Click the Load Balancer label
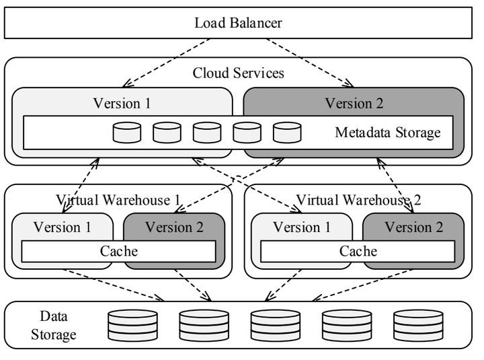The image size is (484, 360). pos(239,23)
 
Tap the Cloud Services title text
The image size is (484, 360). pos(239,73)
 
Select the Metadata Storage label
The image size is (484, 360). pos(388,132)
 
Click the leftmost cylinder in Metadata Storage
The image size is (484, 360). pos(126,133)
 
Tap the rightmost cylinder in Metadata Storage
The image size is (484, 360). pos(287,133)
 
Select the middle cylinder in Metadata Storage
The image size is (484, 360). pos(207,133)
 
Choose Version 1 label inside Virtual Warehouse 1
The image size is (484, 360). pos(61,227)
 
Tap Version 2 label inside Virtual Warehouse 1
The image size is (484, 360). pos(174,227)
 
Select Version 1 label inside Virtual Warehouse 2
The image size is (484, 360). pos(301,227)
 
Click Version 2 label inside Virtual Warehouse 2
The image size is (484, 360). pos(413,227)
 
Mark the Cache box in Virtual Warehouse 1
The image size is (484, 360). pos(119,251)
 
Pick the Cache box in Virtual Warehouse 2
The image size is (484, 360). pos(358,251)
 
